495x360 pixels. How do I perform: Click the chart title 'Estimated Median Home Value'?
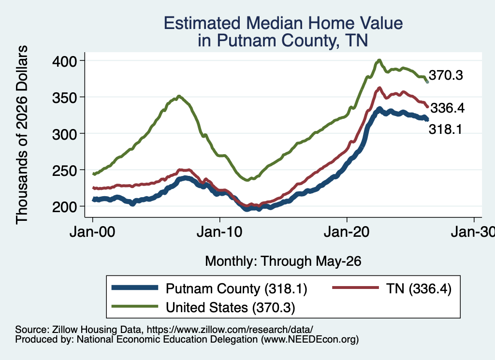click(x=283, y=23)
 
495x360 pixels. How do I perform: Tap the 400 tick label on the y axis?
click(x=64, y=61)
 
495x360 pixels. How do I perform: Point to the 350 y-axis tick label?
click(x=64, y=98)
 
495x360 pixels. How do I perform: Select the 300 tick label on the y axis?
click(x=64, y=134)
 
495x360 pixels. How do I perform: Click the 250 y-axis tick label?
click(x=64, y=171)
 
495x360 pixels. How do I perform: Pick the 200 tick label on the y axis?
click(x=64, y=207)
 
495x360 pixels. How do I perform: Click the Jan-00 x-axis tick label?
click(x=92, y=232)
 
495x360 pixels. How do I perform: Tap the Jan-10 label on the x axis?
click(x=219, y=232)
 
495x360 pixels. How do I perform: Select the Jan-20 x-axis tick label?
click(x=347, y=232)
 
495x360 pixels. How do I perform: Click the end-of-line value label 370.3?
click(x=446, y=75)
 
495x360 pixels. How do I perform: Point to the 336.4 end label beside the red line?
click(x=448, y=108)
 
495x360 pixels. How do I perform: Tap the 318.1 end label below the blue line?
click(x=445, y=130)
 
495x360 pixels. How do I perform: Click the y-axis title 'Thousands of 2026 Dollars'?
click(x=22, y=135)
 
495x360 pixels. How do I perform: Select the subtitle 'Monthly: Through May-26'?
click(x=283, y=261)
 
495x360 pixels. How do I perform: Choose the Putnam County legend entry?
click(x=209, y=288)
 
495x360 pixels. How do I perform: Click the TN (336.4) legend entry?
click(x=392, y=288)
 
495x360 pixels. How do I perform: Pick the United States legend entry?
click(x=204, y=307)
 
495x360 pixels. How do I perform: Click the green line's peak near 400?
click(x=379, y=60)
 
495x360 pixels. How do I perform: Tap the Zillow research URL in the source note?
click(x=230, y=330)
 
